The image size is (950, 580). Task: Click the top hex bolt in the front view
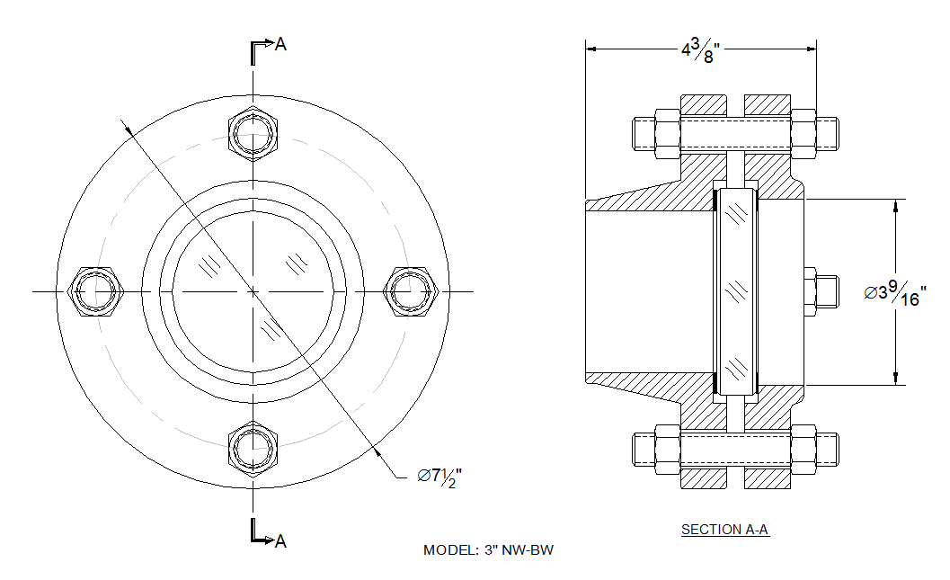click(x=253, y=134)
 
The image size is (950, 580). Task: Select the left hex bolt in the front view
click(x=96, y=291)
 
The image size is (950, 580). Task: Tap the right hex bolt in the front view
click(x=410, y=291)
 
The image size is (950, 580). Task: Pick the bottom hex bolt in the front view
click(x=253, y=449)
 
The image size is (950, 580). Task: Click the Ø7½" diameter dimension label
click(x=439, y=477)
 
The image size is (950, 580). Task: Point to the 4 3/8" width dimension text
click(x=701, y=50)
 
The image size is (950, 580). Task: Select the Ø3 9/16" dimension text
click(x=895, y=293)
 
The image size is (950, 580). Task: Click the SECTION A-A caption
click(x=724, y=530)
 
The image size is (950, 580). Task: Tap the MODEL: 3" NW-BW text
click(x=488, y=550)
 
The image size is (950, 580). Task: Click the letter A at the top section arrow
click(x=280, y=44)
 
